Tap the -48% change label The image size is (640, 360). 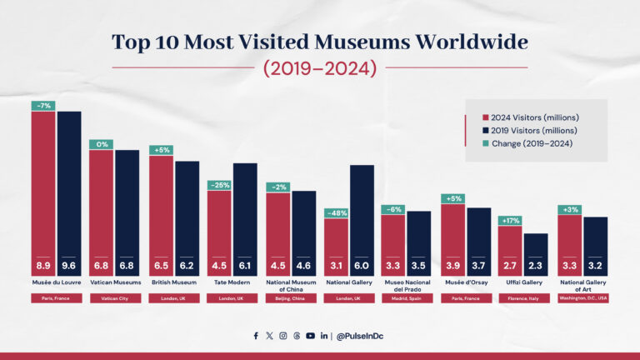[336, 212]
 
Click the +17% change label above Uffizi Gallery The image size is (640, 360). [510, 221]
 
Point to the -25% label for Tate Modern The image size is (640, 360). [219, 185]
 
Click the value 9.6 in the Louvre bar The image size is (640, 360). [69, 266]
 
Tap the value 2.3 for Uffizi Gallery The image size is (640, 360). [536, 266]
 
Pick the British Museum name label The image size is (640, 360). [174, 282]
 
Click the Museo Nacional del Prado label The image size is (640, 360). [407, 286]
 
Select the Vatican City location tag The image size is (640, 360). [114, 298]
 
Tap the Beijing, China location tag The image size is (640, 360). [290, 298]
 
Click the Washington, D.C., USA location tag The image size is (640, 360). [582, 298]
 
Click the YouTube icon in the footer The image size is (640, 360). [310, 336]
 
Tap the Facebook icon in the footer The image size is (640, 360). [256, 336]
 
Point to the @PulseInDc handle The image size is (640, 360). [360, 336]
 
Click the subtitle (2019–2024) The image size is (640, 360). [320, 68]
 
